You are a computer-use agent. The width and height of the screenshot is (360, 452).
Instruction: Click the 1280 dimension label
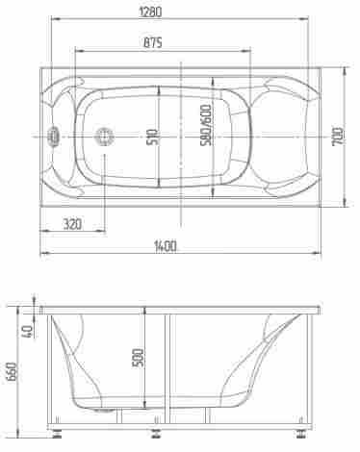(150, 12)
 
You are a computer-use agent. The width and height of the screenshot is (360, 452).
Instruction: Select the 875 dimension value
(153, 42)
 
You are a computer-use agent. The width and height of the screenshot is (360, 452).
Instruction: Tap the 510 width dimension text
(152, 137)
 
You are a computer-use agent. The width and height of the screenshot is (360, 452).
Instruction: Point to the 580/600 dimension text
(206, 125)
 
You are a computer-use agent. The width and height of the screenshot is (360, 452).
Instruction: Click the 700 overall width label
(338, 137)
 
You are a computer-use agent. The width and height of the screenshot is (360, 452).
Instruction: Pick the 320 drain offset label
(72, 224)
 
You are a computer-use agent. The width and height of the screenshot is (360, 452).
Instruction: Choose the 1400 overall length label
(166, 246)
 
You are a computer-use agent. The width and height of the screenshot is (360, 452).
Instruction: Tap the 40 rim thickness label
(28, 331)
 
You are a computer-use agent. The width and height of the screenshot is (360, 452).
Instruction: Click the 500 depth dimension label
(139, 358)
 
